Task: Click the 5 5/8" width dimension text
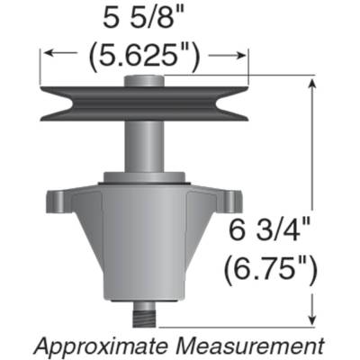(x=144, y=20)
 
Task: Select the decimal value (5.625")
(x=144, y=55)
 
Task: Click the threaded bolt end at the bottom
(x=144, y=318)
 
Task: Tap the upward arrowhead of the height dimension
(x=312, y=83)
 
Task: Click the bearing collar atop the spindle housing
(x=144, y=178)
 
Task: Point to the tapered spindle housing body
(x=144, y=243)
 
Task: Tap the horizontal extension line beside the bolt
(x=234, y=325)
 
